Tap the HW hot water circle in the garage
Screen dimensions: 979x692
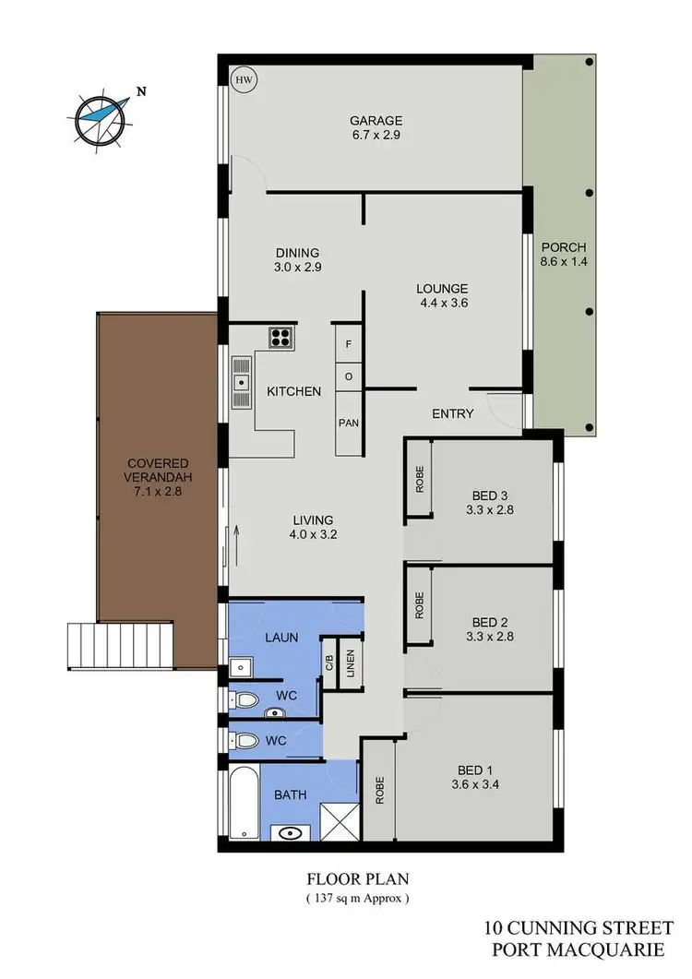click(244, 80)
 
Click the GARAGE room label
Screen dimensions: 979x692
click(376, 120)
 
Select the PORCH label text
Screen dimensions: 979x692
click(563, 247)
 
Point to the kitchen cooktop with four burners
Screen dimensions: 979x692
click(280, 338)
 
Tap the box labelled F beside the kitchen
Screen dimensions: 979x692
click(348, 343)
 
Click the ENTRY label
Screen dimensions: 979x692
click(453, 414)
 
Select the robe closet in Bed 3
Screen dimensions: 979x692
click(419, 482)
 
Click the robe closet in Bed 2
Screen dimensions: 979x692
click(419, 604)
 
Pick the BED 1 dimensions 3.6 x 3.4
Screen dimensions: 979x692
click(477, 786)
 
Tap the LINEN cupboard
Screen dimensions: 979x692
click(351, 663)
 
